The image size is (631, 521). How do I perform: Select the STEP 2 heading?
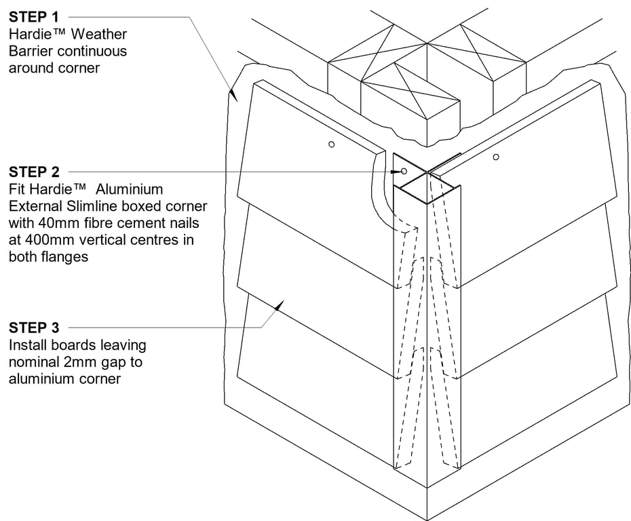coord(34,172)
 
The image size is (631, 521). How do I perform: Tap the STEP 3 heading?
coord(34,329)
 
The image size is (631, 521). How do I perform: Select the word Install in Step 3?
coord(26,346)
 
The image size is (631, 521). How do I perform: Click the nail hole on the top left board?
coord(330,144)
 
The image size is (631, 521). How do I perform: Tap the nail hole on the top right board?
coord(496,157)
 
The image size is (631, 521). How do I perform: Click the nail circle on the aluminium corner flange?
coord(404,172)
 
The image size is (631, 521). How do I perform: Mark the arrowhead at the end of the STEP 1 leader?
coord(231,94)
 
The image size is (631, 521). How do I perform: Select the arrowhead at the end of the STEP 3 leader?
coord(279,307)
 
